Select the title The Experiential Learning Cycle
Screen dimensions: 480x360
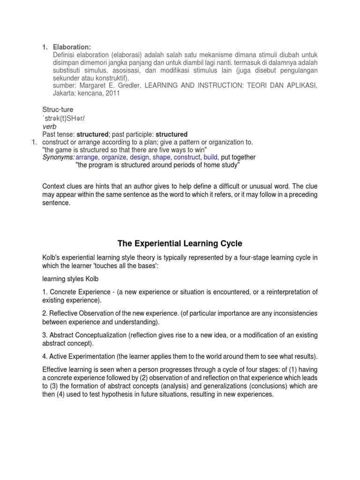180,243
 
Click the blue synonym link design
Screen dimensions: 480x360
139,157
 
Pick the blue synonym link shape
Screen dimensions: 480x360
162,157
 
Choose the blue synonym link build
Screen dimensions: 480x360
210,157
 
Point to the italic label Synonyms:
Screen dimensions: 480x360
58,157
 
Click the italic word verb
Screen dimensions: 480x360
49,127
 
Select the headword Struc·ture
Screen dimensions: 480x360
58,110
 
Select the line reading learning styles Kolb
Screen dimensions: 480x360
70,279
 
